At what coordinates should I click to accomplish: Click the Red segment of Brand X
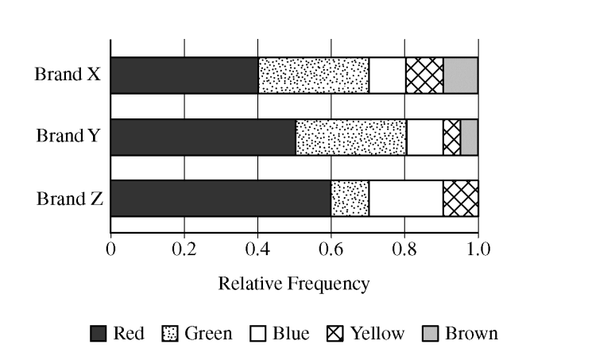click(x=184, y=75)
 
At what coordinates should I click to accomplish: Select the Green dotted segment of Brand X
click(x=314, y=75)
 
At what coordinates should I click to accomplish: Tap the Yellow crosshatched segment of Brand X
click(x=424, y=75)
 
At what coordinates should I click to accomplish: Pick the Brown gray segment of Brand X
click(x=460, y=75)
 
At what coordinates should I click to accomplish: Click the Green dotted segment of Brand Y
click(x=350, y=137)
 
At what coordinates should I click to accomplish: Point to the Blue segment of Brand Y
click(x=424, y=137)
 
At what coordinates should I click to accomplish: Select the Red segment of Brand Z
click(x=221, y=198)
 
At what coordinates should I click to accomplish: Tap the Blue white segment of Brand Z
click(x=405, y=198)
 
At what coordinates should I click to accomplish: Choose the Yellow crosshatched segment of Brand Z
click(x=460, y=198)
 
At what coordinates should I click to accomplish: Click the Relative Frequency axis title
click(x=294, y=284)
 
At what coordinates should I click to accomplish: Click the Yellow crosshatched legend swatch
click(x=335, y=334)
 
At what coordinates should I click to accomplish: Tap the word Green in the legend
click(x=208, y=333)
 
